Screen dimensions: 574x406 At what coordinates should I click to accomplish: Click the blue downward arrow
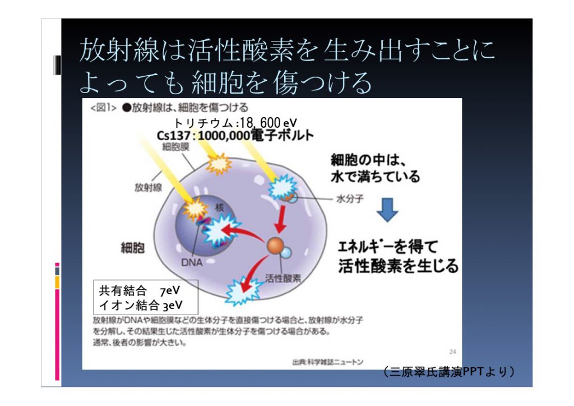pyautogui.click(x=387, y=209)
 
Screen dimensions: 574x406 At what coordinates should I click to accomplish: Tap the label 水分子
pyautogui.click(x=350, y=199)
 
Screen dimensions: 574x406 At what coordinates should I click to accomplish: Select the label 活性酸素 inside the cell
pyautogui.click(x=283, y=278)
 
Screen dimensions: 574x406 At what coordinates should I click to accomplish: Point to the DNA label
pyautogui.click(x=192, y=262)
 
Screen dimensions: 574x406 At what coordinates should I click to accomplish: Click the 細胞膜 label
pyautogui.click(x=175, y=147)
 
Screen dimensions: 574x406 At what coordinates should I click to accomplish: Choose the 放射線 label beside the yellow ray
pyautogui.click(x=148, y=187)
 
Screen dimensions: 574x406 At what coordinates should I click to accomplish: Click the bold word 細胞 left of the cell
pyautogui.click(x=132, y=248)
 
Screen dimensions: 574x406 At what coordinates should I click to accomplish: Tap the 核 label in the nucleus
pyautogui.click(x=219, y=207)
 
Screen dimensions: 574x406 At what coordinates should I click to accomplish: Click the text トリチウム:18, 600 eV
pyautogui.click(x=235, y=123)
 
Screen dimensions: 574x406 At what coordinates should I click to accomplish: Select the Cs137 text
pyautogui.click(x=174, y=136)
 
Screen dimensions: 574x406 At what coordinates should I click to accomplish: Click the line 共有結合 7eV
pyautogui.click(x=140, y=290)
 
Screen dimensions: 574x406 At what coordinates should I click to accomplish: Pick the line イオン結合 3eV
pyautogui.click(x=141, y=305)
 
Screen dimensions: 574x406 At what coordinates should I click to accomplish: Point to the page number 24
pyautogui.click(x=452, y=352)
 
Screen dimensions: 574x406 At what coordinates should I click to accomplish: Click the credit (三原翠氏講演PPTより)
pyautogui.click(x=449, y=371)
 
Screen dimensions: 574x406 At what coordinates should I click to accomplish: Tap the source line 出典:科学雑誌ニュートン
pyautogui.click(x=327, y=362)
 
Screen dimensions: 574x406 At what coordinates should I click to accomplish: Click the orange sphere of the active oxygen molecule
pyautogui.click(x=275, y=246)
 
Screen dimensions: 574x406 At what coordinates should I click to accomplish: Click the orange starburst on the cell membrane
pyautogui.click(x=219, y=164)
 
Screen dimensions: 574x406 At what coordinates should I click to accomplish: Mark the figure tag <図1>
pyautogui.click(x=103, y=108)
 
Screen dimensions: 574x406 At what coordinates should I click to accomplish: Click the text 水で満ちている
pyautogui.click(x=375, y=177)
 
